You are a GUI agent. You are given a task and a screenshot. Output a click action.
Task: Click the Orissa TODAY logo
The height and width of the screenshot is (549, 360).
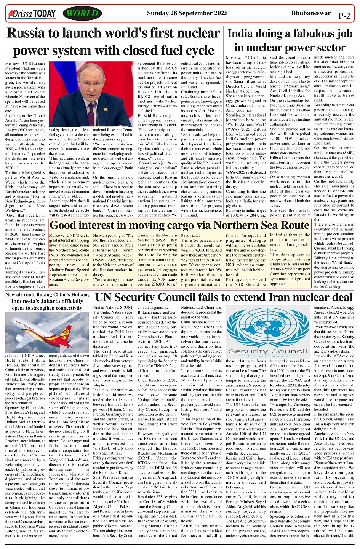click(32, 14)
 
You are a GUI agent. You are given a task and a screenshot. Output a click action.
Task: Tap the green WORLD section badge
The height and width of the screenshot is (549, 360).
click(82, 14)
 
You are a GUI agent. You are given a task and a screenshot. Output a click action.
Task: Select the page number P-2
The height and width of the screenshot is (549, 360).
click(344, 16)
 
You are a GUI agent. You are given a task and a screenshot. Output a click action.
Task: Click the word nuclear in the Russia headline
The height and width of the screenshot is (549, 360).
click(196, 34)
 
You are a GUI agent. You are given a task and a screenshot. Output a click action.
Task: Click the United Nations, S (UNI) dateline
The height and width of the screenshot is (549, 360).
click(113, 307)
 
